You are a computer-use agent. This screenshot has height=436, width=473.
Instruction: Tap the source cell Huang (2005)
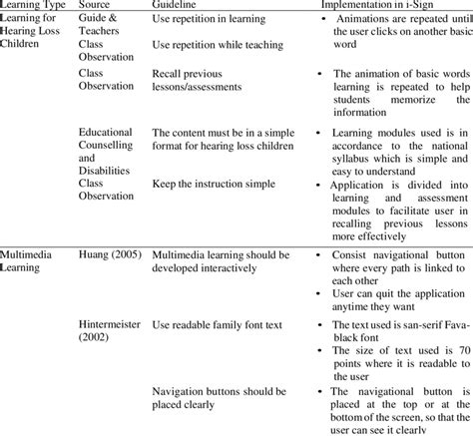click(113, 257)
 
